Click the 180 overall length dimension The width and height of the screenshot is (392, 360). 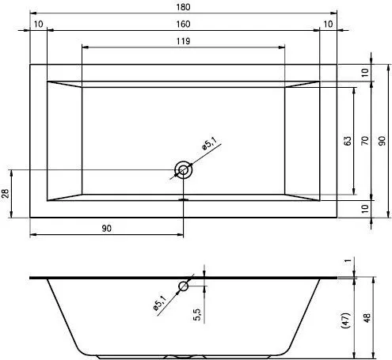coord(183,7)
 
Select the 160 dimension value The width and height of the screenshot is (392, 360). coord(183,24)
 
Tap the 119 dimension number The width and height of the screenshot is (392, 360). coord(183,41)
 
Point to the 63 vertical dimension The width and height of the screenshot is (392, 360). coord(348,141)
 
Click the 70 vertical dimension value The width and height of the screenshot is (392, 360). coord(365,140)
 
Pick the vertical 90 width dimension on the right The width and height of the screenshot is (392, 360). coord(382,141)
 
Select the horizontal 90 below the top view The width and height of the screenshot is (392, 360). coord(107,228)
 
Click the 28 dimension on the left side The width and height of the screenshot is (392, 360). coord(6,193)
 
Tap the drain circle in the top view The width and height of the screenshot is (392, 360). coord(183,169)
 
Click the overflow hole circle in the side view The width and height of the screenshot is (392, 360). coord(183,286)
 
